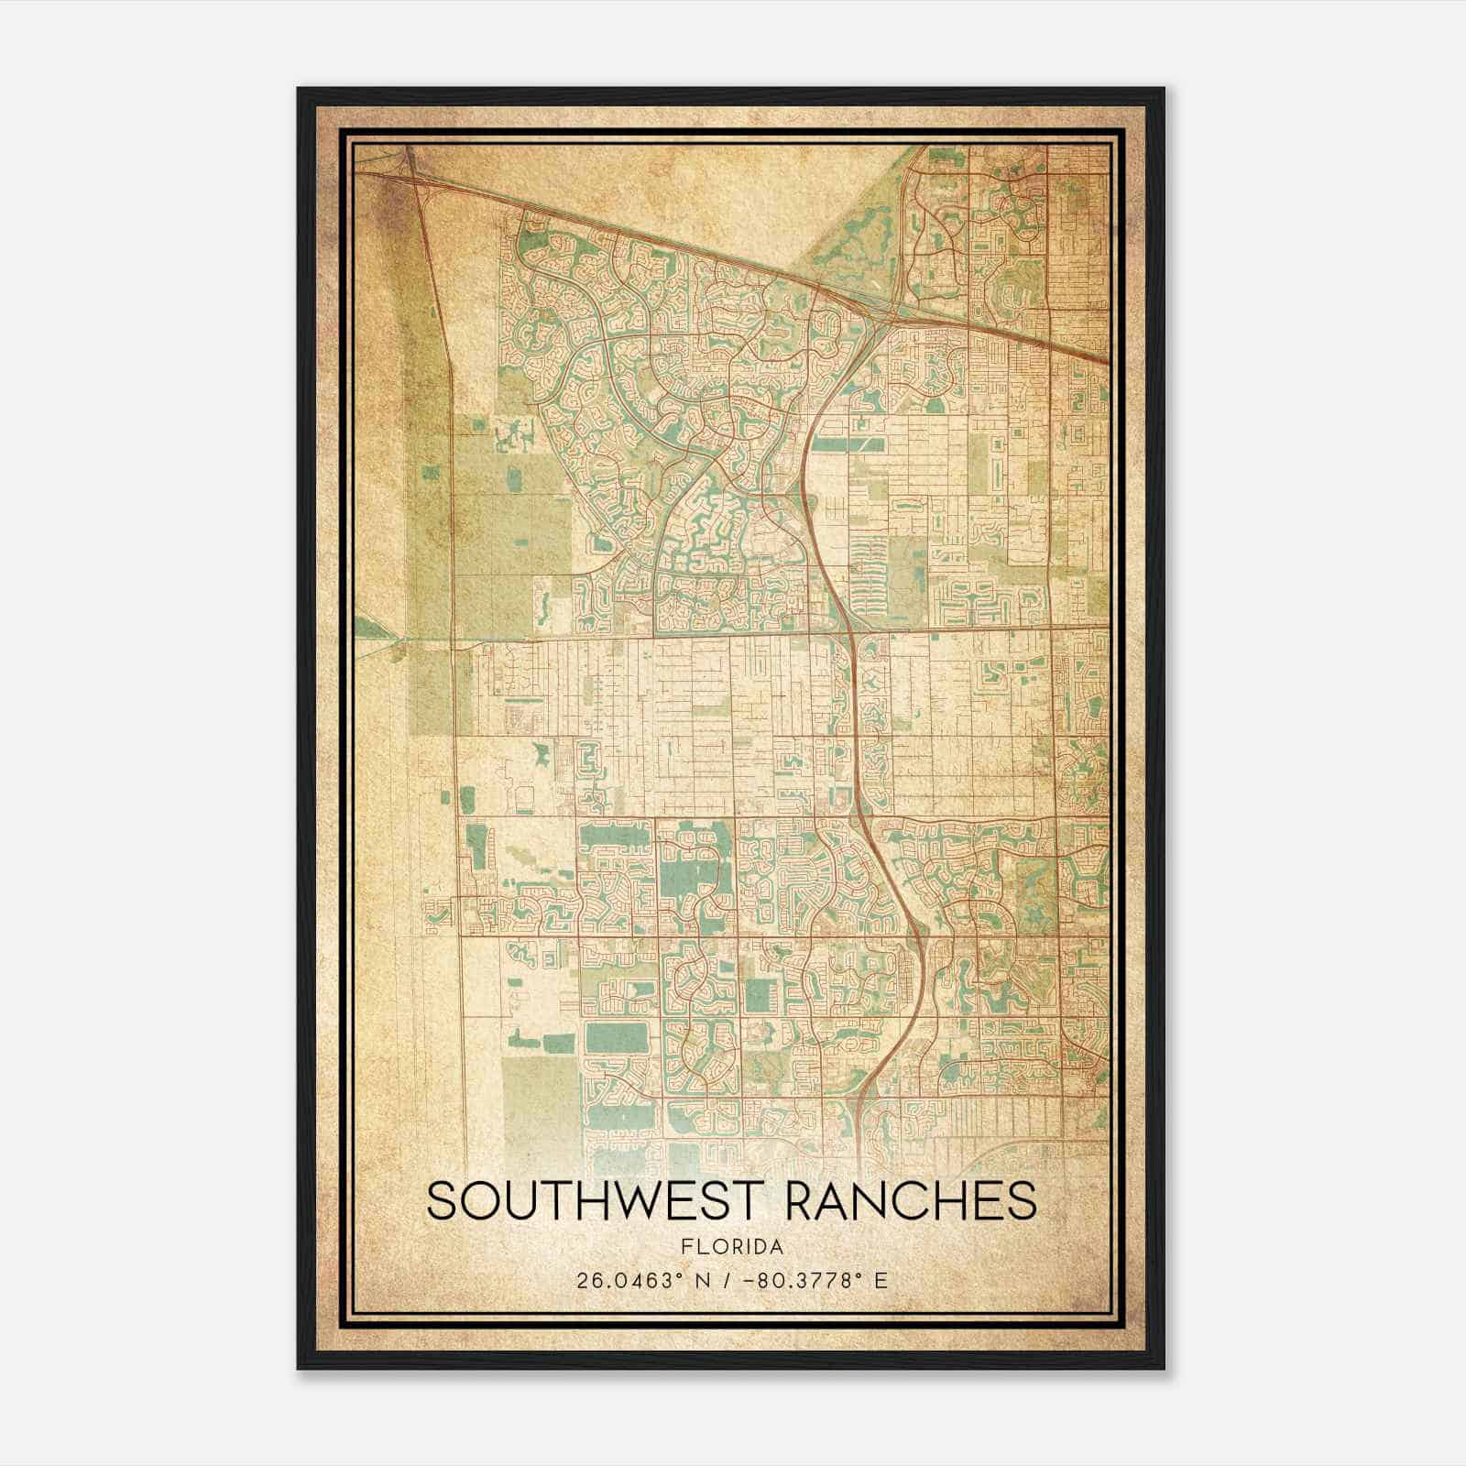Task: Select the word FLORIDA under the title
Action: click(x=732, y=1247)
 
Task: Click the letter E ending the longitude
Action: click(x=881, y=1280)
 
